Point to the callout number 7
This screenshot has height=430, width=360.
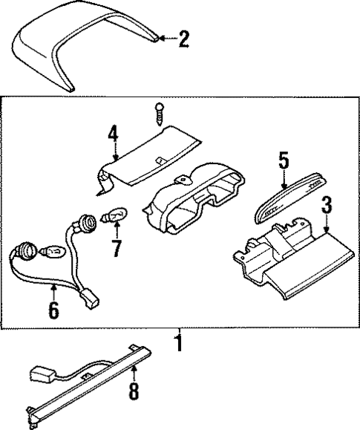tap(116, 248)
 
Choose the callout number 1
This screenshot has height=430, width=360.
tap(179, 344)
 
